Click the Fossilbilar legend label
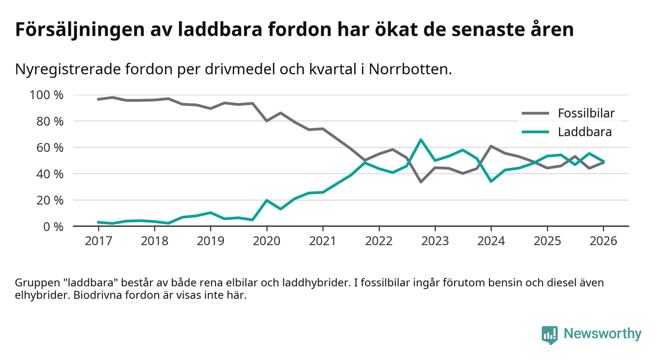click(586, 113)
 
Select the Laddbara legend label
click(584, 132)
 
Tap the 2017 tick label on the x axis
click(98, 241)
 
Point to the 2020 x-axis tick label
click(267, 241)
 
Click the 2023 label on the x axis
click(435, 241)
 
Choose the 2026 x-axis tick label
click(603, 241)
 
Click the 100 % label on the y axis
click(47, 95)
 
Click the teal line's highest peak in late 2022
click(421, 139)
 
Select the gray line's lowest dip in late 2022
click(421, 182)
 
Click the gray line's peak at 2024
click(491, 146)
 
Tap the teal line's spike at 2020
click(267, 200)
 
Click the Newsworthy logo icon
click(549, 334)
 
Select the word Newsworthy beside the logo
click(603, 334)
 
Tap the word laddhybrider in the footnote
click(315, 283)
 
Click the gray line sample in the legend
click(534, 113)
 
